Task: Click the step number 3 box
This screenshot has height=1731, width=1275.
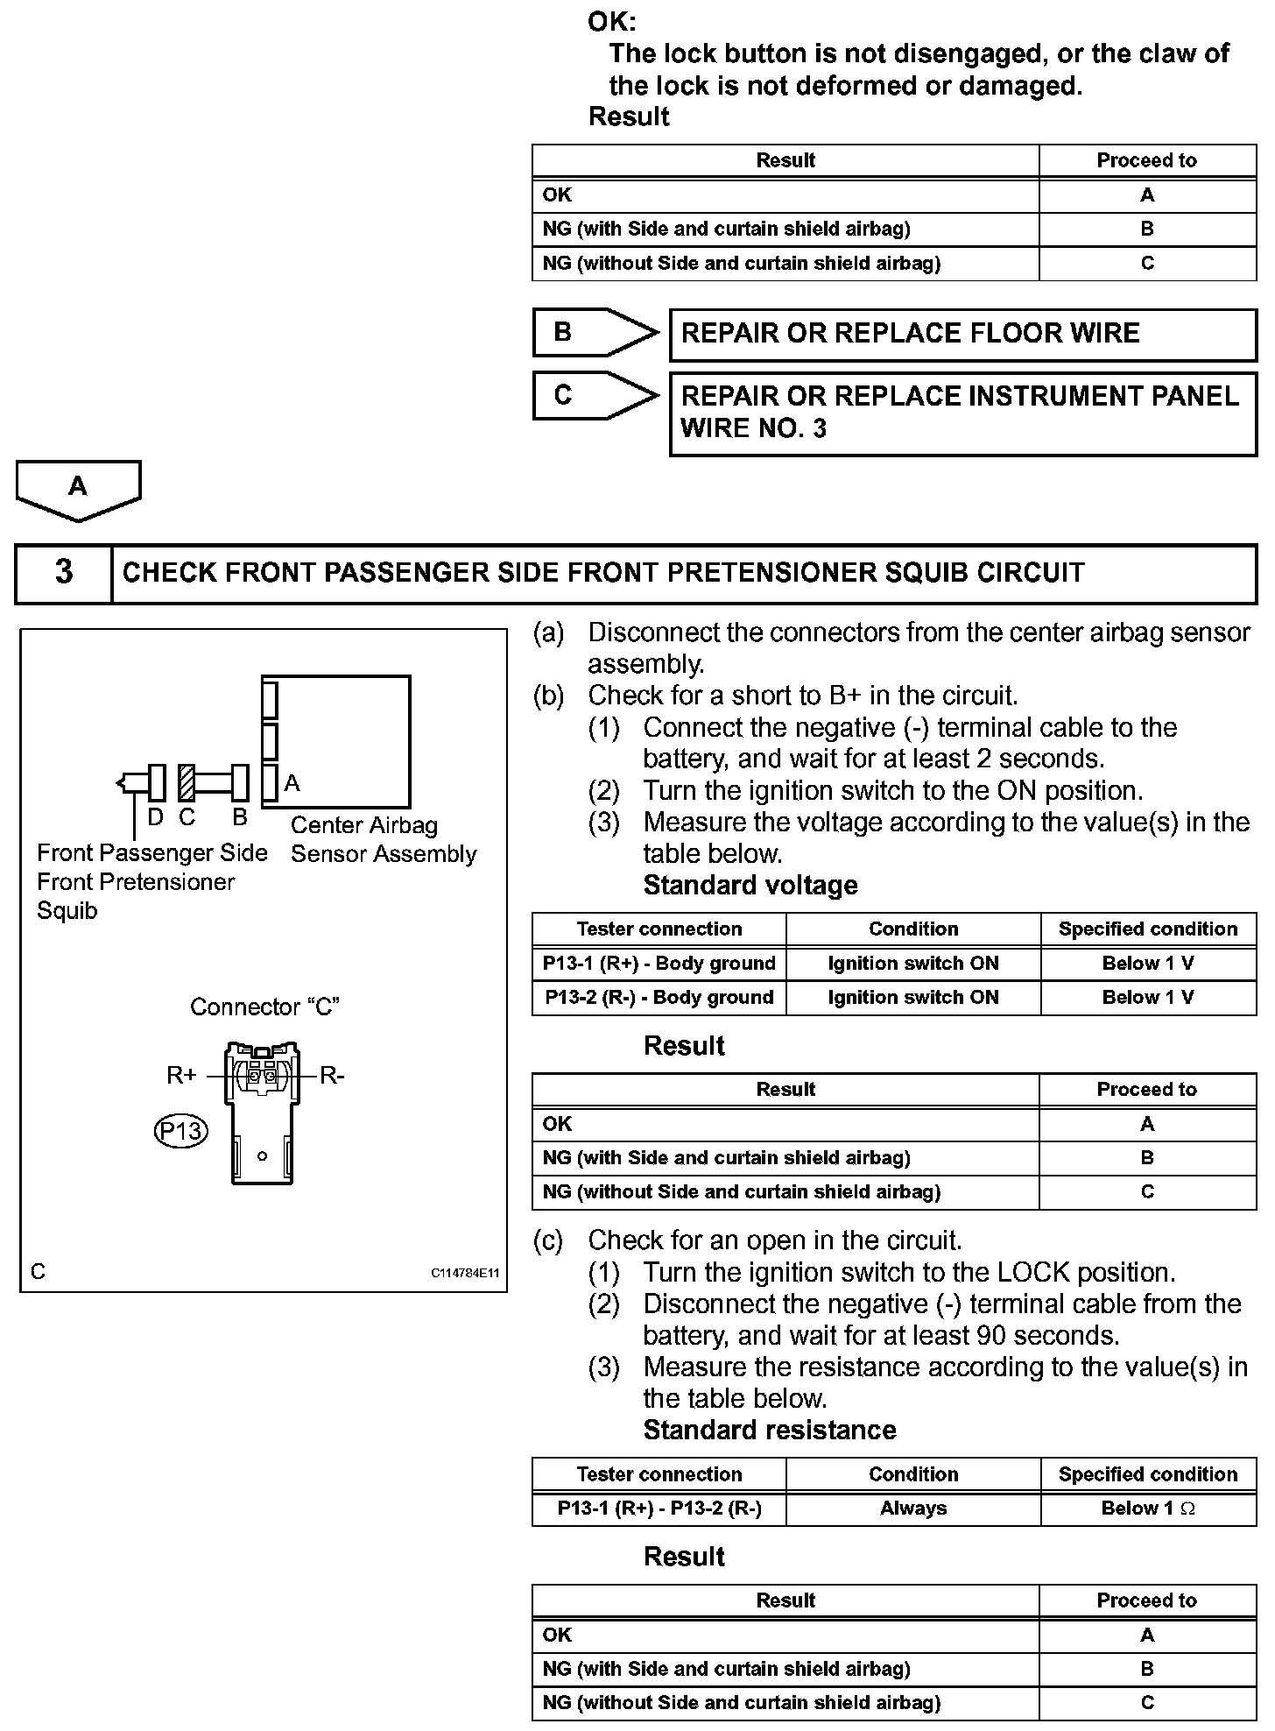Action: tap(64, 573)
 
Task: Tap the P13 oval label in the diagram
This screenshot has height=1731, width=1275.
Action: tap(180, 1131)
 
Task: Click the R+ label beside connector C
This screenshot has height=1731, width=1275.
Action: tap(181, 1075)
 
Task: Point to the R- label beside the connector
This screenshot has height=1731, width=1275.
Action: tap(332, 1075)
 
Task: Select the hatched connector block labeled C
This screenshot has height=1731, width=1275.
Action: tap(186, 782)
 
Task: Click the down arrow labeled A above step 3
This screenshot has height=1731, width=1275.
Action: tap(78, 489)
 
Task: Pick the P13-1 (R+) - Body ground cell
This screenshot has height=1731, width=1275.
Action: tap(659, 964)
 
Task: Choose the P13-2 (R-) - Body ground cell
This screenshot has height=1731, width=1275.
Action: tap(659, 997)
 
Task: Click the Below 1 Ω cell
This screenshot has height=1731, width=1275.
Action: tap(1147, 1508)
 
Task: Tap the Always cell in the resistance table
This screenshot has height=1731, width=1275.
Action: tap(912, 1508)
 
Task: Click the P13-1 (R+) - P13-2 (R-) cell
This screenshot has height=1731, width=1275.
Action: tap(659, 1508)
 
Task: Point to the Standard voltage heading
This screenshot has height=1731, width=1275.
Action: tap(750, 885)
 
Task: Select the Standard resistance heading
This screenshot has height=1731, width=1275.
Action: tap(770, 1430)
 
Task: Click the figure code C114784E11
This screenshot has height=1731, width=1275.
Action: tap(464, 1273)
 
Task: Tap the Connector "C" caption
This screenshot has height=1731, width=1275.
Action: tap(264, 1007)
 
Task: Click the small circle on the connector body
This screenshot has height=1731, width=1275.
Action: tap(262, 1156)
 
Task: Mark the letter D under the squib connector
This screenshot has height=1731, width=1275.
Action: tap(155, 817)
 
